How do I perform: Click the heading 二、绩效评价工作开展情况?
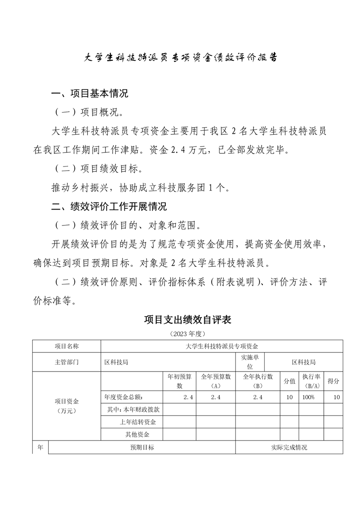(x=108, y=207)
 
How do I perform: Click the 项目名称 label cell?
(x=66, y=346)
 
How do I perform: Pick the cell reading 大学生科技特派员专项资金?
(x=222, y=346)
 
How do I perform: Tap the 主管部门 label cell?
(x=66, y=362)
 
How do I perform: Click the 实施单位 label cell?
(x=250, y=362)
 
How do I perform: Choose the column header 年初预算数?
(x=179, y=381)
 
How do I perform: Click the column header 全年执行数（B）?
(x=257, y=381)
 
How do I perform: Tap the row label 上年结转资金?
(x=138, y=422)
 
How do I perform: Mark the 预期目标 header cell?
(x=142, y=447)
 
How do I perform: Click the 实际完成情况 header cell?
(x=289, y=447)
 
